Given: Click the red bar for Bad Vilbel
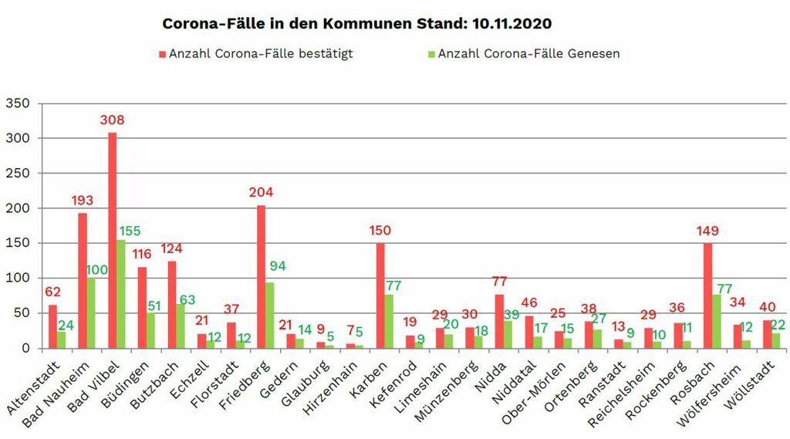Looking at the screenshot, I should point(112,240).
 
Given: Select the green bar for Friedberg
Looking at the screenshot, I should point(270,315).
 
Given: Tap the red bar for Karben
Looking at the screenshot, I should point(380,295).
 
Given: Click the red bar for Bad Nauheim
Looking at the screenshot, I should point(83,280).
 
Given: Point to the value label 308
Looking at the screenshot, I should point(112,120).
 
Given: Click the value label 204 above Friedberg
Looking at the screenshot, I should point(261,192).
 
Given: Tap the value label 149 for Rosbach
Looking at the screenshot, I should point(707,229).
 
